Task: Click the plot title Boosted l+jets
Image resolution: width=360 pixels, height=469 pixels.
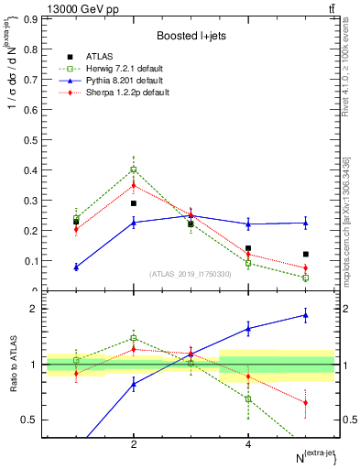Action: [x=191, y=35]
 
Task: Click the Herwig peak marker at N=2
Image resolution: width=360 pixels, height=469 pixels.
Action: [x=134, y=169]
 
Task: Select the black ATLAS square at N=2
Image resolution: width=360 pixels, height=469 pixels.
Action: [x=134, y=203]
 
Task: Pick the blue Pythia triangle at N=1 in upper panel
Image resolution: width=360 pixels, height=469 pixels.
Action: [x=76, y=267]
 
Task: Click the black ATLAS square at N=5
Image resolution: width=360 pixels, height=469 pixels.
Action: [x=306, y=254]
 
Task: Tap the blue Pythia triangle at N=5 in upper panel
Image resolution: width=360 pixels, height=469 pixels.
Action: [x=306, y=223]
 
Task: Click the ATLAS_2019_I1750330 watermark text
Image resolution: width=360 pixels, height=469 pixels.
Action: [x=190, y=274]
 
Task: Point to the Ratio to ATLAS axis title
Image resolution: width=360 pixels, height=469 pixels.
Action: [x=13, y=364]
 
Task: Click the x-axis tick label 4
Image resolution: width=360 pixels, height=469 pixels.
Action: [x=248, y=444]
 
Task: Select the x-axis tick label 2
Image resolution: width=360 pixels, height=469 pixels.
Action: [x=134, y=444]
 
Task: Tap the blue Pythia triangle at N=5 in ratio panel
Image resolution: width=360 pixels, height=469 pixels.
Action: [x=306, y=315]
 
